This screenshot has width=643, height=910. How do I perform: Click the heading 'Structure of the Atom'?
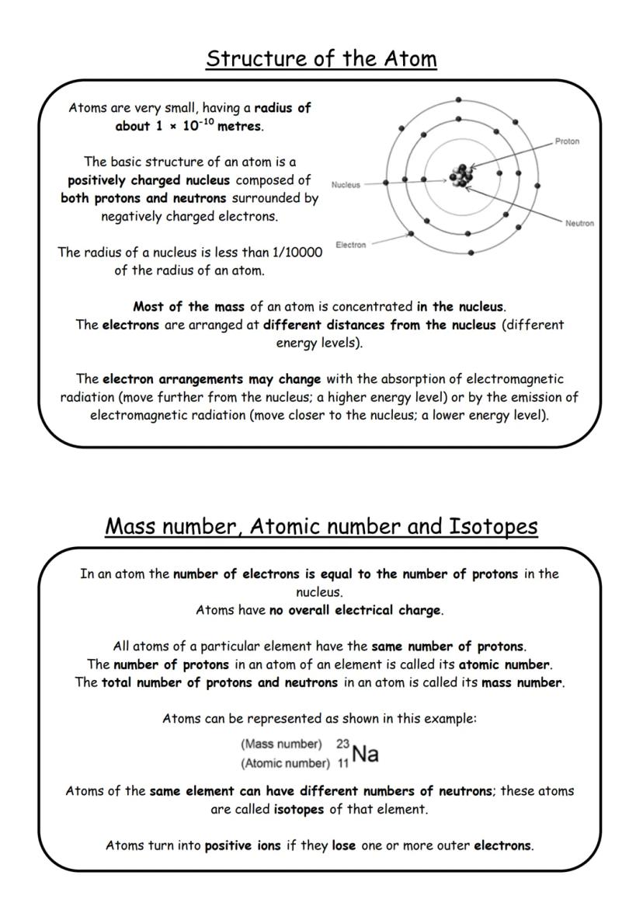pos(321,58)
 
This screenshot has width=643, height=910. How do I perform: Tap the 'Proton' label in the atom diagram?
pos(567,141)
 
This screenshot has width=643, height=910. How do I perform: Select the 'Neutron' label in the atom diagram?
pos(579,223)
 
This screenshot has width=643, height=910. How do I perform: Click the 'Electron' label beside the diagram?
pos(350,245)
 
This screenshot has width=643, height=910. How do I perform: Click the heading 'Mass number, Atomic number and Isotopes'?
pos(321,526)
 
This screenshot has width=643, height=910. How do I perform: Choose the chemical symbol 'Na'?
pos(365,752)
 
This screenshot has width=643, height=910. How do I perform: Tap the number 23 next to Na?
pos(342,744)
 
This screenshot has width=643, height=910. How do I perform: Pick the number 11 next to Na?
pos(342,763)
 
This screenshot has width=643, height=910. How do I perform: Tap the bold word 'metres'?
pos(240,127)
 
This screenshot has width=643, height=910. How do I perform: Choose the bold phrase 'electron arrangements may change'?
pos(211,379)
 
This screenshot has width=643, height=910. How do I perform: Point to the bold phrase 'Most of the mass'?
pos(177,306)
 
